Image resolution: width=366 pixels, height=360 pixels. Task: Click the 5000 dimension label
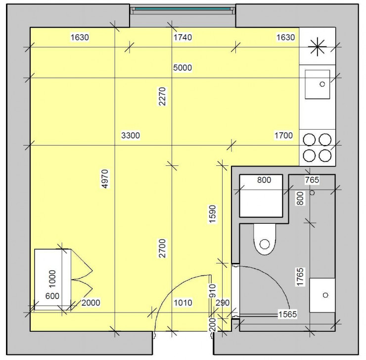183,68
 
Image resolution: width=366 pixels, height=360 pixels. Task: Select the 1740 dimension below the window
183,37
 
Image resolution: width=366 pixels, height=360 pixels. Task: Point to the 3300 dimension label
131,135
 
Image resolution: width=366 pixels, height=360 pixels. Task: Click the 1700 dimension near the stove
284,135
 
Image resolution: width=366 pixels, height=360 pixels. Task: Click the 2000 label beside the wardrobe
91,303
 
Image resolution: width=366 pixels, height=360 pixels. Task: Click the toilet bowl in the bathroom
266,240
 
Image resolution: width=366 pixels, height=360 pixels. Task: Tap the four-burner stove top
317,147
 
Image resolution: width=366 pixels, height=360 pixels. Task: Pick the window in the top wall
183,9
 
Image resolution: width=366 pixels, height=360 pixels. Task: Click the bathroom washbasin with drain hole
322,295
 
